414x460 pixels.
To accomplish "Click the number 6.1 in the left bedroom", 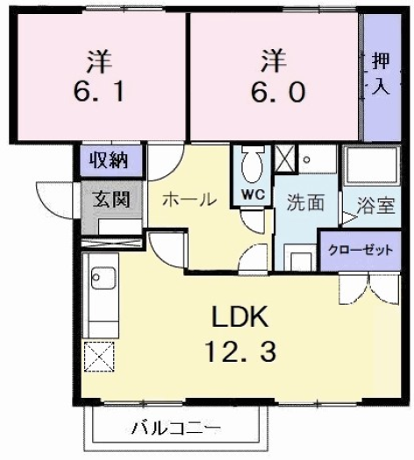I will pyautogui.click(x=99, y=90).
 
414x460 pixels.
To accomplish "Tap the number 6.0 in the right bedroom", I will pyautogui.click(x=273, y=90).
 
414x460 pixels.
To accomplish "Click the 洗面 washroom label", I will pyautogui.click(x=305, y=202).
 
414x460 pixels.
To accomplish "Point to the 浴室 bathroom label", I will pyautogui.click(x=375, y=208).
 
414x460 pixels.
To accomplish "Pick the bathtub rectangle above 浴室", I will pyautogui.click(x=370, y=166).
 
